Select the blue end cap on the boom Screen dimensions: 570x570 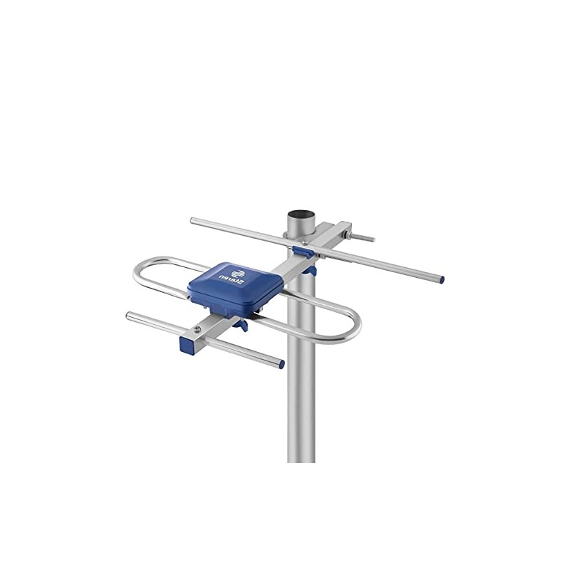(187, 346)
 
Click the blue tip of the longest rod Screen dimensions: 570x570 (441, 279)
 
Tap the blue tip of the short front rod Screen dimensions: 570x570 (281, 365)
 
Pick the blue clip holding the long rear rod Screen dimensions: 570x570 (301, 250)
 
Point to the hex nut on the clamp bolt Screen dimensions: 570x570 (347, 234)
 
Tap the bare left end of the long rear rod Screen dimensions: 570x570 (193, 221)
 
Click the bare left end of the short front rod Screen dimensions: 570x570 (129, 315)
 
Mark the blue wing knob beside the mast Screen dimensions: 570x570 (309, 269)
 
